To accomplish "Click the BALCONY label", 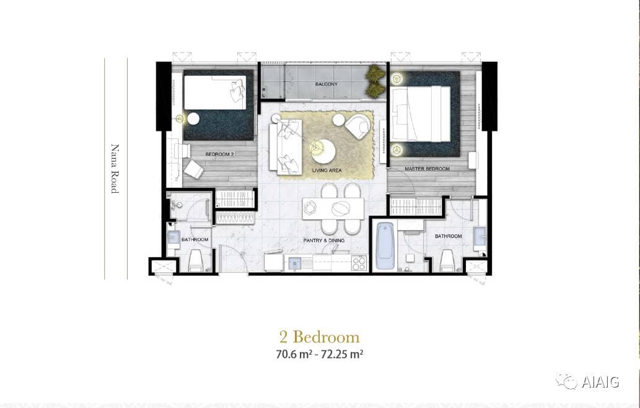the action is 326,84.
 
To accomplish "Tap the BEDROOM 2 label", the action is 219,154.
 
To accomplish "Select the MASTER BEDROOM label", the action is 427,169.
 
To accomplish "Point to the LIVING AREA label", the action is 327,171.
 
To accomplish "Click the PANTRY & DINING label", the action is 323,241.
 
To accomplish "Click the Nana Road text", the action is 115,168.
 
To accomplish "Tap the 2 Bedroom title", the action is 320,337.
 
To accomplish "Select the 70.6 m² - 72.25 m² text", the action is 320,354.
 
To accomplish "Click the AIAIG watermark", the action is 587,381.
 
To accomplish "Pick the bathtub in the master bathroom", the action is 385,246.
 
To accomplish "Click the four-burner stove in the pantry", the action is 359,263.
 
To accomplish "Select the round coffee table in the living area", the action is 323,151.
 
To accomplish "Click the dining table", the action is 333,208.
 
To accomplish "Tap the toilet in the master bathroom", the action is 448,260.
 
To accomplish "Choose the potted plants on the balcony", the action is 375,81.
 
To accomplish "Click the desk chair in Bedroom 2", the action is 193,169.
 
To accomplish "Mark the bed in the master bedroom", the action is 421,113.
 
